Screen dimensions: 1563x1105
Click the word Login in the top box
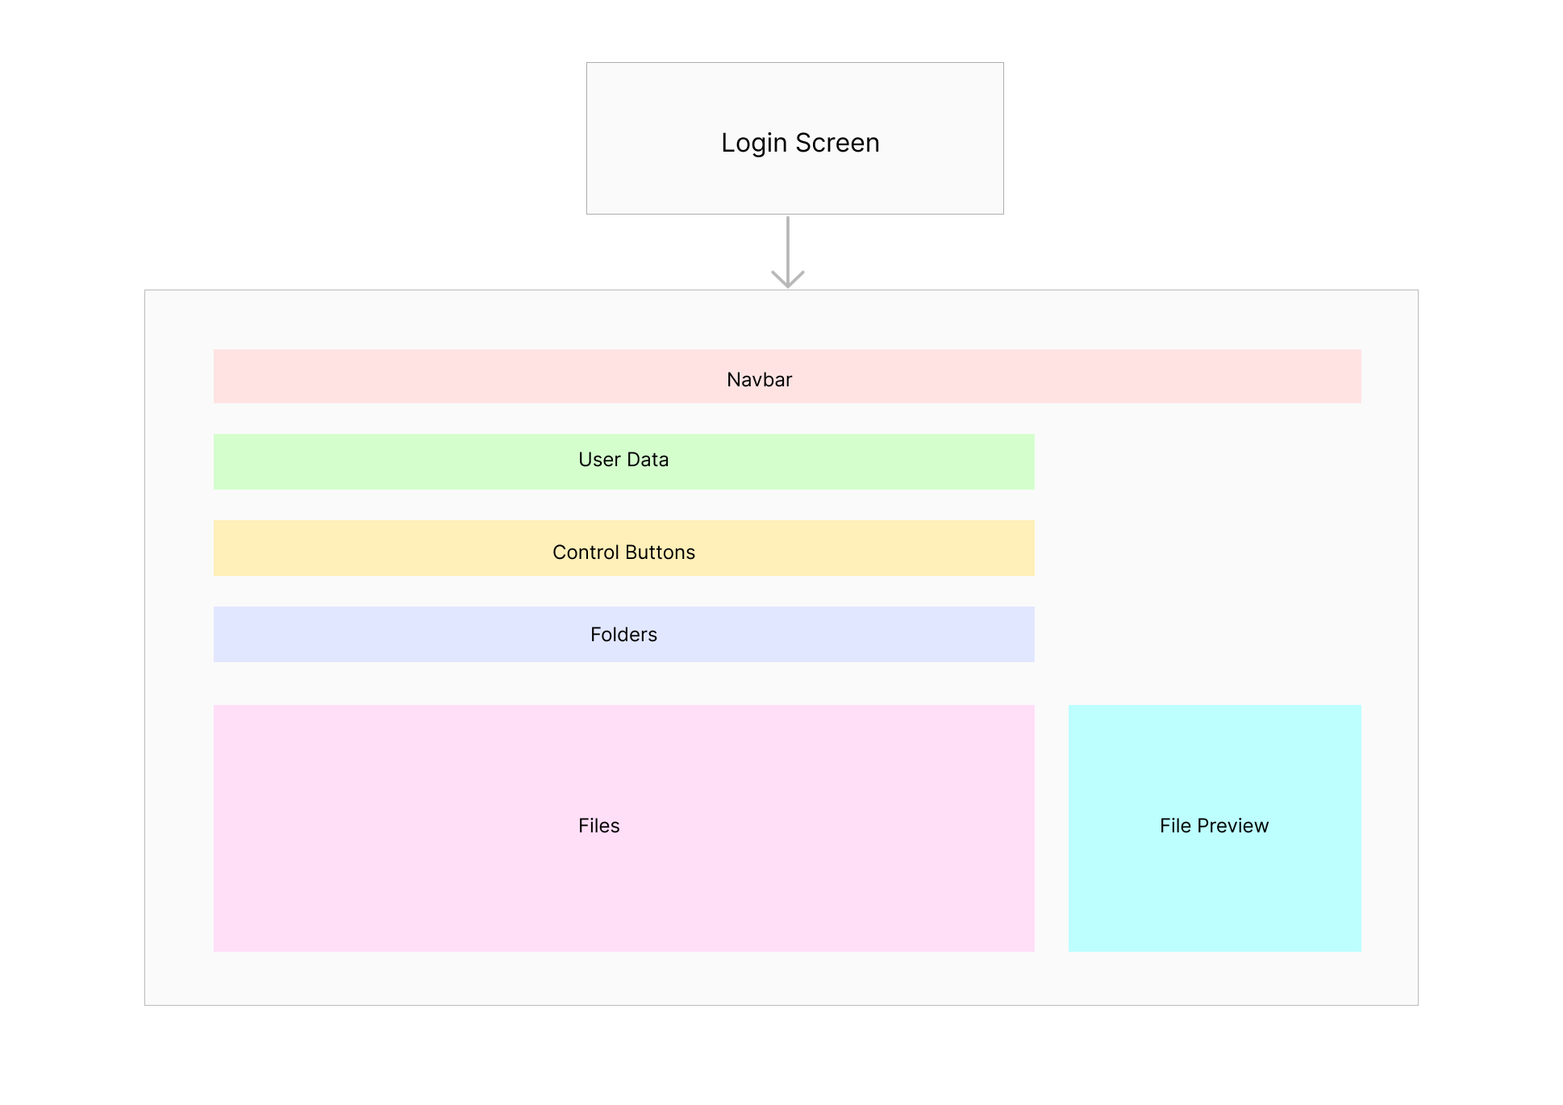pyautogui.click(x=753, y=144)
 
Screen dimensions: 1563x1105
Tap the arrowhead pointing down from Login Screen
pyautogui.click(x=788, y=280)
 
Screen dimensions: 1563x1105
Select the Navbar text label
pyautogui.click(x=759, y=379)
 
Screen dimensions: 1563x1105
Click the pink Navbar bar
pyautogui.click(x=787, y=376)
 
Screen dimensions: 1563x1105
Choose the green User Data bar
pyautogui.click(x=624, y=462)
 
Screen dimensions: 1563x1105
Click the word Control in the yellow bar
pyautogui.click(x=586, y=552)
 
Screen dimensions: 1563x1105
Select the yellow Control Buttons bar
pyautogui.click(x=624, y=548)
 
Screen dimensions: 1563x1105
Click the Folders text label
pyautogui.click(x=623, y=635)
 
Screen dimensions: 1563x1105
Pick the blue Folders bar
pyautogui.click(x=624, y=634)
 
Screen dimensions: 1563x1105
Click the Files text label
pyautogui.click(x=598, y=826)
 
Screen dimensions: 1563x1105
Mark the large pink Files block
pyautogui.click(x=624, y=828)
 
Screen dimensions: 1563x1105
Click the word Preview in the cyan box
pyautogui.click(x=1233, y=826)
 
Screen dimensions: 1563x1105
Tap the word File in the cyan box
pyautogui.click(x=1175, y=826)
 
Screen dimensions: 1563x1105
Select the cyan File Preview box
pyautogui.click(x=1215, y=828)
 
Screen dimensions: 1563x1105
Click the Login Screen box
pyautogui.click(x=795, y=138)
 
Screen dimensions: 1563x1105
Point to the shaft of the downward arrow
pyautogui.click(x=788, y=249)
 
